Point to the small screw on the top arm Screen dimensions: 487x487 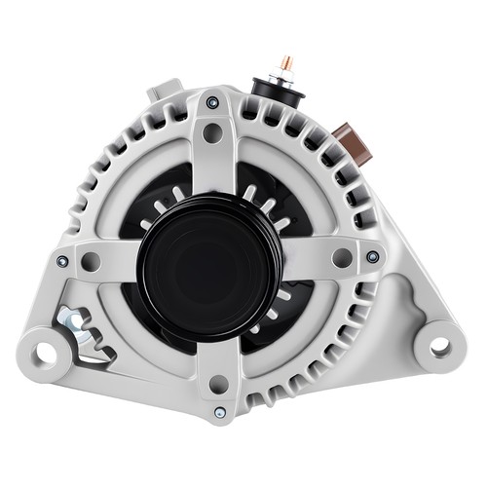tap(212, 101)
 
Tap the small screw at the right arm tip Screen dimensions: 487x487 tap(373, 257)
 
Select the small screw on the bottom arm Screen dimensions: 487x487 tap(219, 412)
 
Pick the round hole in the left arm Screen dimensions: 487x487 tap(90, 261)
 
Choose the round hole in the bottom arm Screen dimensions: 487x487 tap(218, 384)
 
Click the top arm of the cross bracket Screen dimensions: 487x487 tap(212, 156)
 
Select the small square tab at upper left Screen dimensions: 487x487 tap(160, 94)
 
